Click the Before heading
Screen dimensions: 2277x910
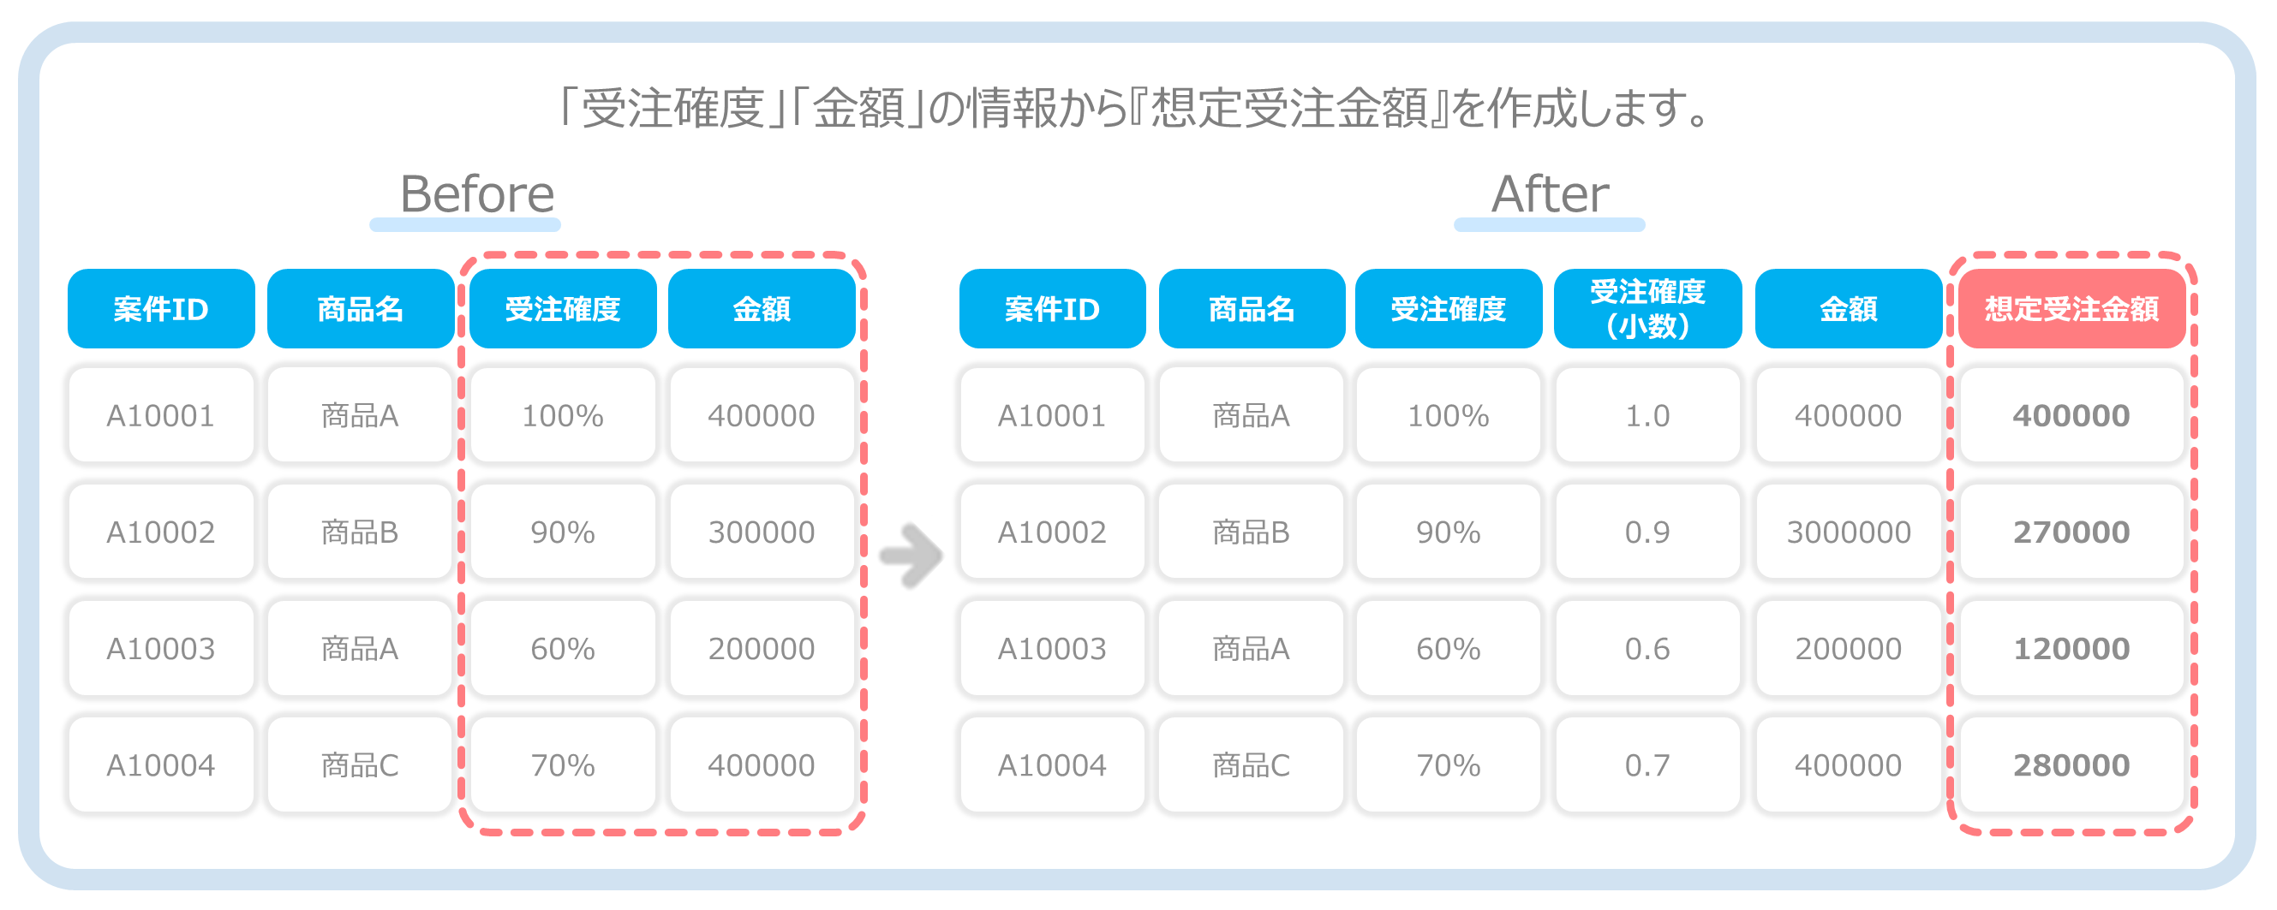[476, 193]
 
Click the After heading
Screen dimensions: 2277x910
[1550, 193]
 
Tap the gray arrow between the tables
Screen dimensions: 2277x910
[911, 556]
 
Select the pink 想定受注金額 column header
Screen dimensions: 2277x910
[2071, 308]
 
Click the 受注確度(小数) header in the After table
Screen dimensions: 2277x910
[1647, 308]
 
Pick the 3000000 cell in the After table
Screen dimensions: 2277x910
[1849, 532]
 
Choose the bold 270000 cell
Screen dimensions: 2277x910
[2071, 532]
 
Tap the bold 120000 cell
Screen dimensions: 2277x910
[2071, 649]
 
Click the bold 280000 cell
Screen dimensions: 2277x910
[2071, 765]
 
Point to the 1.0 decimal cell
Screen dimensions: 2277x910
[1647, 415]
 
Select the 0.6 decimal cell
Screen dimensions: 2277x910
[1647, 649]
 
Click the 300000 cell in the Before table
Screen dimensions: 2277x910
[761, 532]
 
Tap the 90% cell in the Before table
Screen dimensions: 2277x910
[562, 532]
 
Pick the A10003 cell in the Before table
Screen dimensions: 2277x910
[161, 649]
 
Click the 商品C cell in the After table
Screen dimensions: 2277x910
[1251, 765]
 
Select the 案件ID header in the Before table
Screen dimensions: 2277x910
[161, 308]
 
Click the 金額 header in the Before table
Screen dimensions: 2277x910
[761, 308]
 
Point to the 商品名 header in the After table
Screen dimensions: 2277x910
[1251, 308]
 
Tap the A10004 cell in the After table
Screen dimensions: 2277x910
[1052, 765]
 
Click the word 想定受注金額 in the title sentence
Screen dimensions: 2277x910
[1289, 109]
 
